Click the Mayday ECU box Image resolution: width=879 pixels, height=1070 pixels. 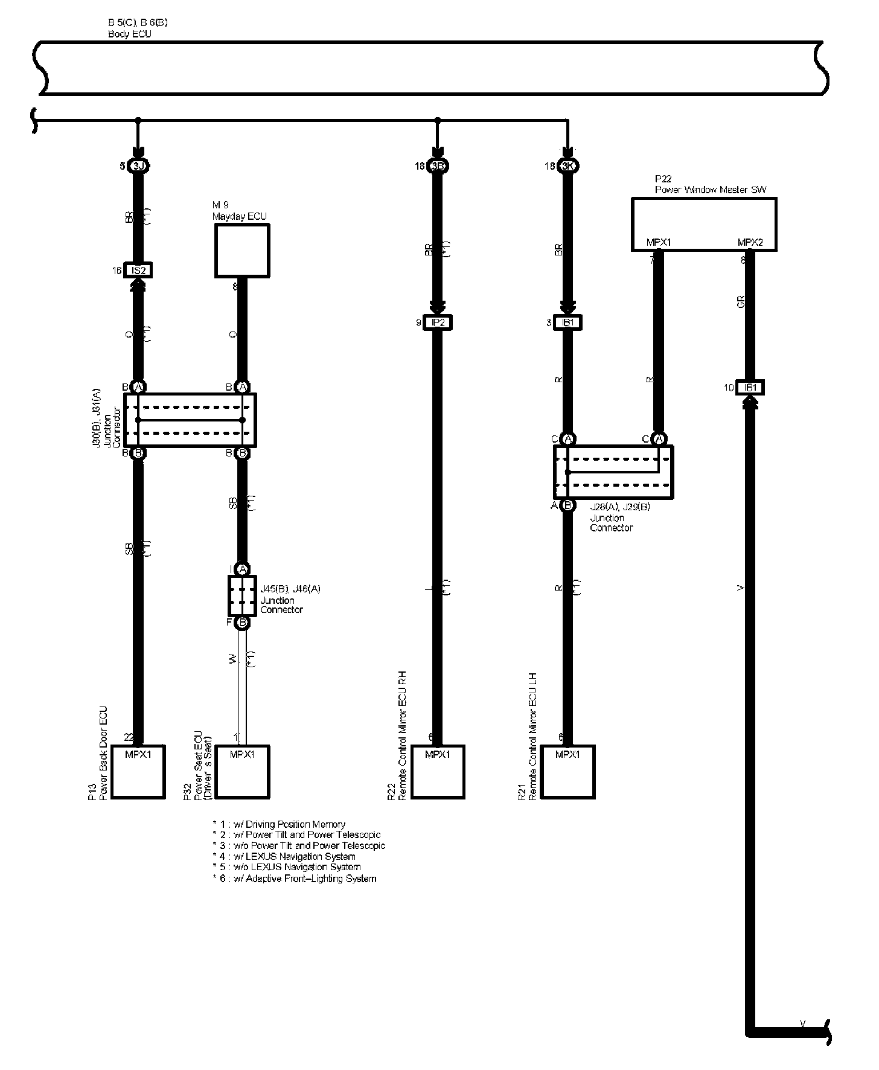pos(242,251)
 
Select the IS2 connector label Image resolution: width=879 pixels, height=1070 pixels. pos(138,271)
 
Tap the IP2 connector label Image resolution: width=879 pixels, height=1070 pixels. pos(438,323)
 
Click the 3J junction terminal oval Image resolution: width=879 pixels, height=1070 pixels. pos(138,165)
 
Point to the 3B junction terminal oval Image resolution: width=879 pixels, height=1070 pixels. pos(438,165)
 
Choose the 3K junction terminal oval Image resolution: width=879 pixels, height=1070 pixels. pos(567,165)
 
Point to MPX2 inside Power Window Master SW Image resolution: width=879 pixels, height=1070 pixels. pos(750,243)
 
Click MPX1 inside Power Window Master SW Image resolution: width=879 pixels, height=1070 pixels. pos(659,243)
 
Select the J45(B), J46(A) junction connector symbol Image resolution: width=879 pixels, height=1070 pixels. pos(242,595)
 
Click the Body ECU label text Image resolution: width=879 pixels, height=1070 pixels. pos(130,34)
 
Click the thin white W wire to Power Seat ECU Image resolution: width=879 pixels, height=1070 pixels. pos(242,682)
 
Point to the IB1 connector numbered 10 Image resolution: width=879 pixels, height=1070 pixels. pos(750,388)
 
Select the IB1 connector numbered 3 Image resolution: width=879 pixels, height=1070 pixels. pos(567,323)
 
